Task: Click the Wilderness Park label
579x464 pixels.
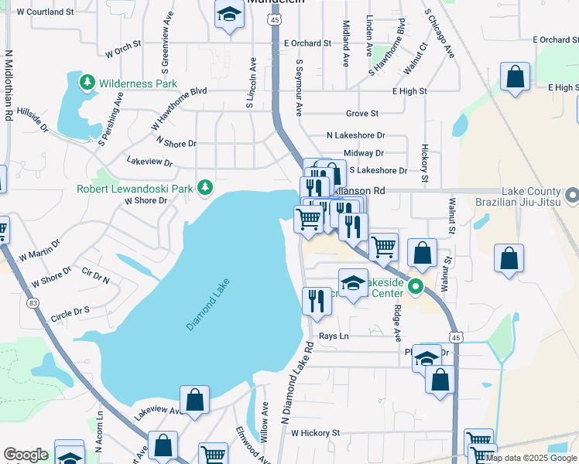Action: click(138, 84)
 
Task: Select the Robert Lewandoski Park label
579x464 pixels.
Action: click(136, 188)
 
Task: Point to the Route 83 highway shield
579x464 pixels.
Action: click(33, 303)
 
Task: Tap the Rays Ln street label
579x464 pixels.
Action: click(334, 336)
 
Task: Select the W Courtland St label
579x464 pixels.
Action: click(44, 12)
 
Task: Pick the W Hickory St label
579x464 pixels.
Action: click(316, 434)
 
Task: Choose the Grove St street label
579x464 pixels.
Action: click(362, 113)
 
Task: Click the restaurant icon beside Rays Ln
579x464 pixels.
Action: click(315, 300)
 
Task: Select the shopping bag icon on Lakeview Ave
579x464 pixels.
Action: click(195, 399)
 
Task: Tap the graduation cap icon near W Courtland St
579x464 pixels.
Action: click(228, 15)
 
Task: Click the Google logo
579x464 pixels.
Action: click(25, 455)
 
